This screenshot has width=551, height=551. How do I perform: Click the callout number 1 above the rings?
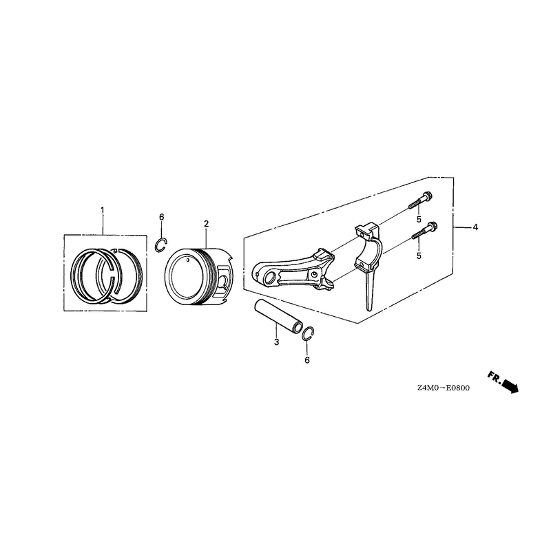pyautogui.click(x=102, y=211)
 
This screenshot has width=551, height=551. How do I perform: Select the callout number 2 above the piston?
pyautogui.click(x=206, y=223)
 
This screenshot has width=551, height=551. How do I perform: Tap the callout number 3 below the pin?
pyautogui.click(x=277, y=342)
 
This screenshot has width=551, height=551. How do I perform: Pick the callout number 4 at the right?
pyautogui.click(x=475, y=227)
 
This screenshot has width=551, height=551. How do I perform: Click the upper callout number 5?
pyautogui.click(x=419, y=219)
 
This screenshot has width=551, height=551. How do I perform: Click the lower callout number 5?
pyautogui.click(x=419, y=256)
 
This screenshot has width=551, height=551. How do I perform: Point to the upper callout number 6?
pyautogui.click(x=162, y=217)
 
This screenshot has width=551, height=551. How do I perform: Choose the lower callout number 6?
pyautogui.click(x=307, y=360)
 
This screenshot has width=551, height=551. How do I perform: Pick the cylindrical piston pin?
pyautogui.click(x=278, y=315)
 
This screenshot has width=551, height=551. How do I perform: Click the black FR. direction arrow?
pyautogui.click(x=510, y=386)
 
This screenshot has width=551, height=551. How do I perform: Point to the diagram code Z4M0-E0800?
pyautogui.click(x=444, y=388)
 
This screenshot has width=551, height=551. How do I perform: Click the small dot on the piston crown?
pyautogui.click(x=188, y=260)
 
